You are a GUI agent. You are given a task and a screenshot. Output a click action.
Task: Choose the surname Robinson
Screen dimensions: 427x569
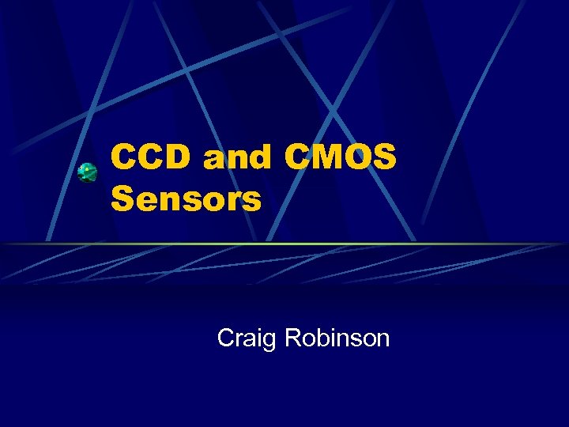pos(337,338)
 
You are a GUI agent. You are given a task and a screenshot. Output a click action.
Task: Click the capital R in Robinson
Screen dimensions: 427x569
pos(293,338)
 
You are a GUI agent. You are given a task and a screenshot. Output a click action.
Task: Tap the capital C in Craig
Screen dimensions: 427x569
pos(226,338)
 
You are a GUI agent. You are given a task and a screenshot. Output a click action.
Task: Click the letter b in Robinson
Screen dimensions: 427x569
pos(323,338)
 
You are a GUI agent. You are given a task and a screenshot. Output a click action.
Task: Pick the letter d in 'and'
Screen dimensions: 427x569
pos(264,158)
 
